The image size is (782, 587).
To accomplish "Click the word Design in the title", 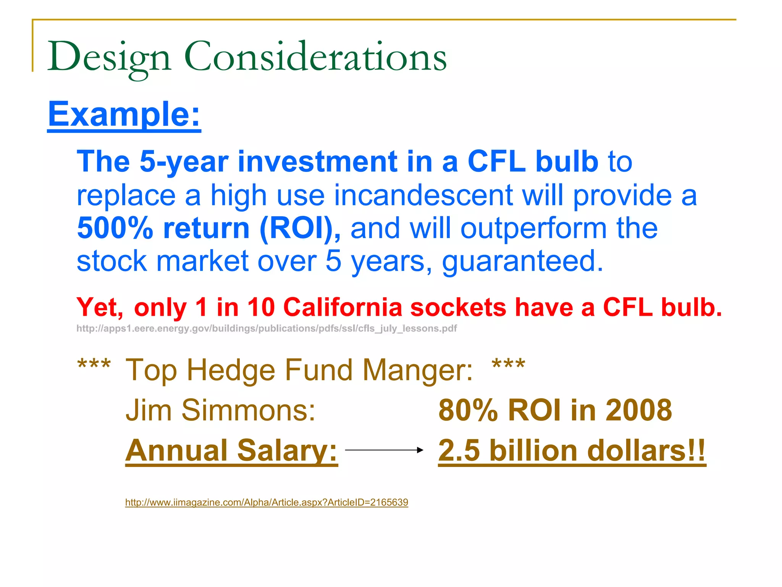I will pyautogui.click(x=109, y=57).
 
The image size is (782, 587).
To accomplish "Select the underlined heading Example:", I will pyautogui.click(x=124, y=114).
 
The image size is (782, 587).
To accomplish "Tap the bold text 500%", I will pyautogui.click(x=115, y=228).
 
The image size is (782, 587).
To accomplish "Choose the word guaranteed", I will pyautogui.click(x=522, y=261).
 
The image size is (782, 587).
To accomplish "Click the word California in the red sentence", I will pyautogui.click(x=343, y=307).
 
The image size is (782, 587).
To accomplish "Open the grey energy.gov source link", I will pyautogui.click(x=267, y=329).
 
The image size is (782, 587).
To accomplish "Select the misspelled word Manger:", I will pyautogui.click(x=417, y=370).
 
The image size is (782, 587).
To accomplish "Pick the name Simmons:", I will pyautogui.click(x=248, y=410).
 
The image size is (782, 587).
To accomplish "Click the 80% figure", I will pyautogui.click(x=468, y=410).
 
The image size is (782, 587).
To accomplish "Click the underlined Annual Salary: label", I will pyautogui.click(x=231, y=451).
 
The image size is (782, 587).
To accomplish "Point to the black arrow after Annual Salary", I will pyautogui.click(x=384, y=450).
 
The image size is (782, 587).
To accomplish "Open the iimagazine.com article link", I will pyautogui.click(x=267, y=502).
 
